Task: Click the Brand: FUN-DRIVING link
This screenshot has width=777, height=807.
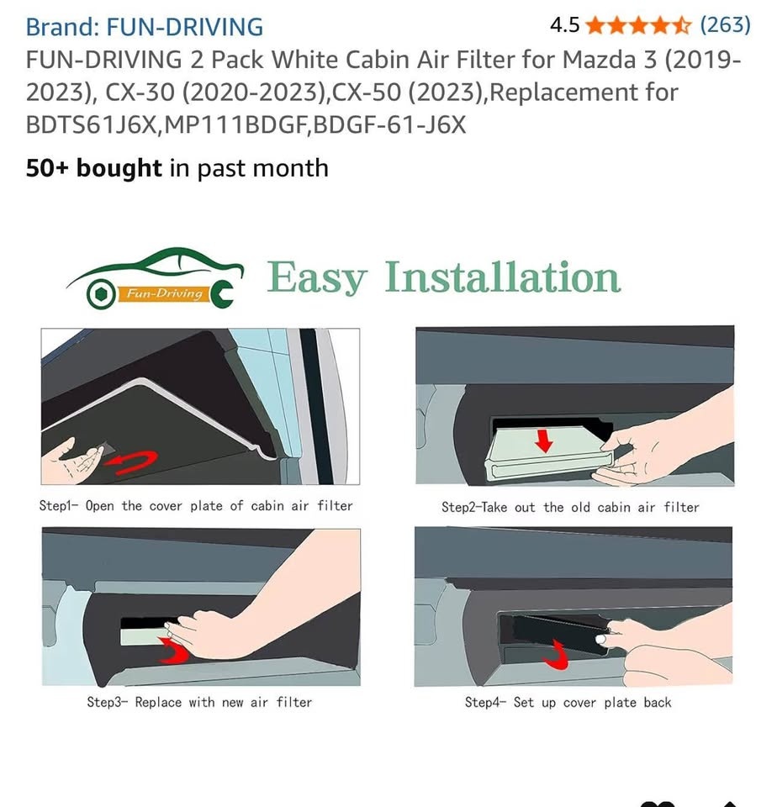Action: pos(144,27)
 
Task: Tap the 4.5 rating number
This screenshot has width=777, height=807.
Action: pos(564,25)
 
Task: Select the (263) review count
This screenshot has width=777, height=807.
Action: pos(725,25)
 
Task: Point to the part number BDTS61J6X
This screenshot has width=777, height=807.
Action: pos(92,125)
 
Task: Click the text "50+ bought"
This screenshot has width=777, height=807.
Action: pos(93,168)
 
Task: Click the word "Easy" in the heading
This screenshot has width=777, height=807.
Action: pos(318,278)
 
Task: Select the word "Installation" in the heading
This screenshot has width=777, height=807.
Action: pos(503,278)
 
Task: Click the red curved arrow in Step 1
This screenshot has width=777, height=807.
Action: pos(139,462)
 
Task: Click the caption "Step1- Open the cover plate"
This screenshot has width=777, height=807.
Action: pos(196,506)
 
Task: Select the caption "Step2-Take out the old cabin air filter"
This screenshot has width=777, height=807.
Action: pos(570,507)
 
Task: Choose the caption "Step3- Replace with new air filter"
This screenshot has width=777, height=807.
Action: pos(199,702)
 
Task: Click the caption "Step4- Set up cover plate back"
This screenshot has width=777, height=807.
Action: pos(568,702)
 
